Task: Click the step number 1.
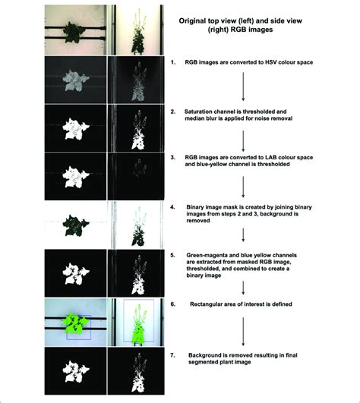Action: [x=173, y=62]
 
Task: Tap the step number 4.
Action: [x=173, y=207]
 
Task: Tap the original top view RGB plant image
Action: [x=75, y=27]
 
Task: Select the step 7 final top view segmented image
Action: [x=75, y=373]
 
